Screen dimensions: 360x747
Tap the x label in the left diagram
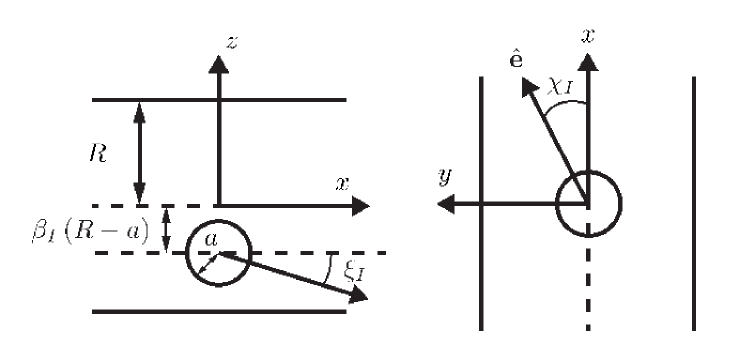(x=342, y=184)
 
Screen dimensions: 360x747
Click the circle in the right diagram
(x=589, y=204)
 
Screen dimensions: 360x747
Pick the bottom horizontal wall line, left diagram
(x=219, y=312)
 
